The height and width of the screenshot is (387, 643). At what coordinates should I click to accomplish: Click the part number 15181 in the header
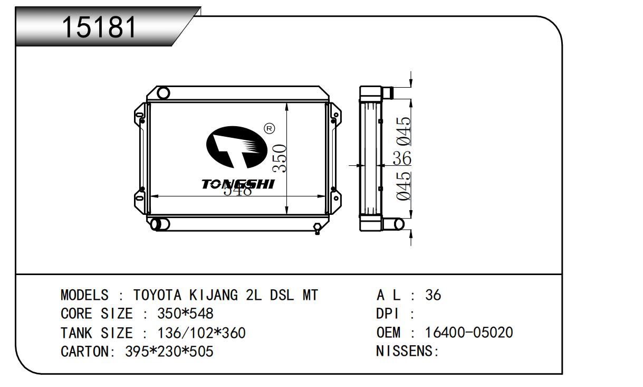99,27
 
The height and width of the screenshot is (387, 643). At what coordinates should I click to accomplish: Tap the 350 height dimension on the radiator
280,158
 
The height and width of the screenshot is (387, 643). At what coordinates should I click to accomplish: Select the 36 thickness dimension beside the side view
402,158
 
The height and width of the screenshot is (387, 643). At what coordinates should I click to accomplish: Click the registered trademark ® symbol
269,128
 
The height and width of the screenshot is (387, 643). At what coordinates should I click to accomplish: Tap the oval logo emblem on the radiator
236,147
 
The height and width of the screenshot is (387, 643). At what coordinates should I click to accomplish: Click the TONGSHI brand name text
238,184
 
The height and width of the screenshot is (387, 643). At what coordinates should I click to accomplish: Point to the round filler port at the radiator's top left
163,93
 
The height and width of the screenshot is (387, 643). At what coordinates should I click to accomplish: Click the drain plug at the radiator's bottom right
317,229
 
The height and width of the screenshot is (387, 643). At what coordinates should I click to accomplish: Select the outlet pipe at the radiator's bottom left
160,224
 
